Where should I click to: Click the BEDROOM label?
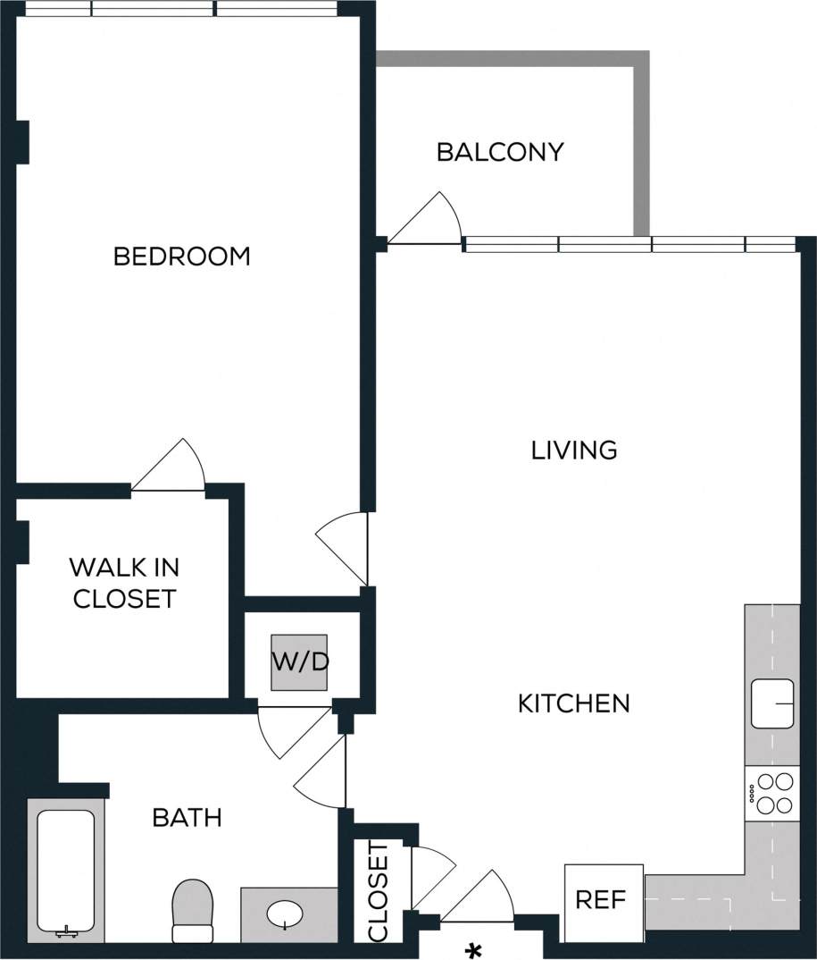(x=181, y=257)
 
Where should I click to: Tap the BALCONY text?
(x=500, y=152)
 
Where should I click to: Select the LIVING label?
(x=574, y=450)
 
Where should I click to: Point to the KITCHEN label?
(x=574, y=703)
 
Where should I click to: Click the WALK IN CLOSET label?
(x=124, y=583)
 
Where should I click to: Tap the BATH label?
(x=187, y=817)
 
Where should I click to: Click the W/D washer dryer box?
(x=300, y=662)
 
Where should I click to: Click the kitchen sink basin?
(x=772, y=703)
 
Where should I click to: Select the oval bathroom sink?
(x=286, y=914)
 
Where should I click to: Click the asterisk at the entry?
(x=474, y=948)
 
